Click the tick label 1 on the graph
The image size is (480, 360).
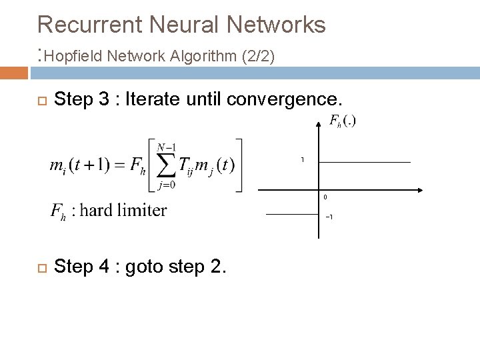point(302,160)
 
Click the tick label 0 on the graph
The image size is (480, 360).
point(325,197)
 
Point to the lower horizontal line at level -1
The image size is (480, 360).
point(291,214)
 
